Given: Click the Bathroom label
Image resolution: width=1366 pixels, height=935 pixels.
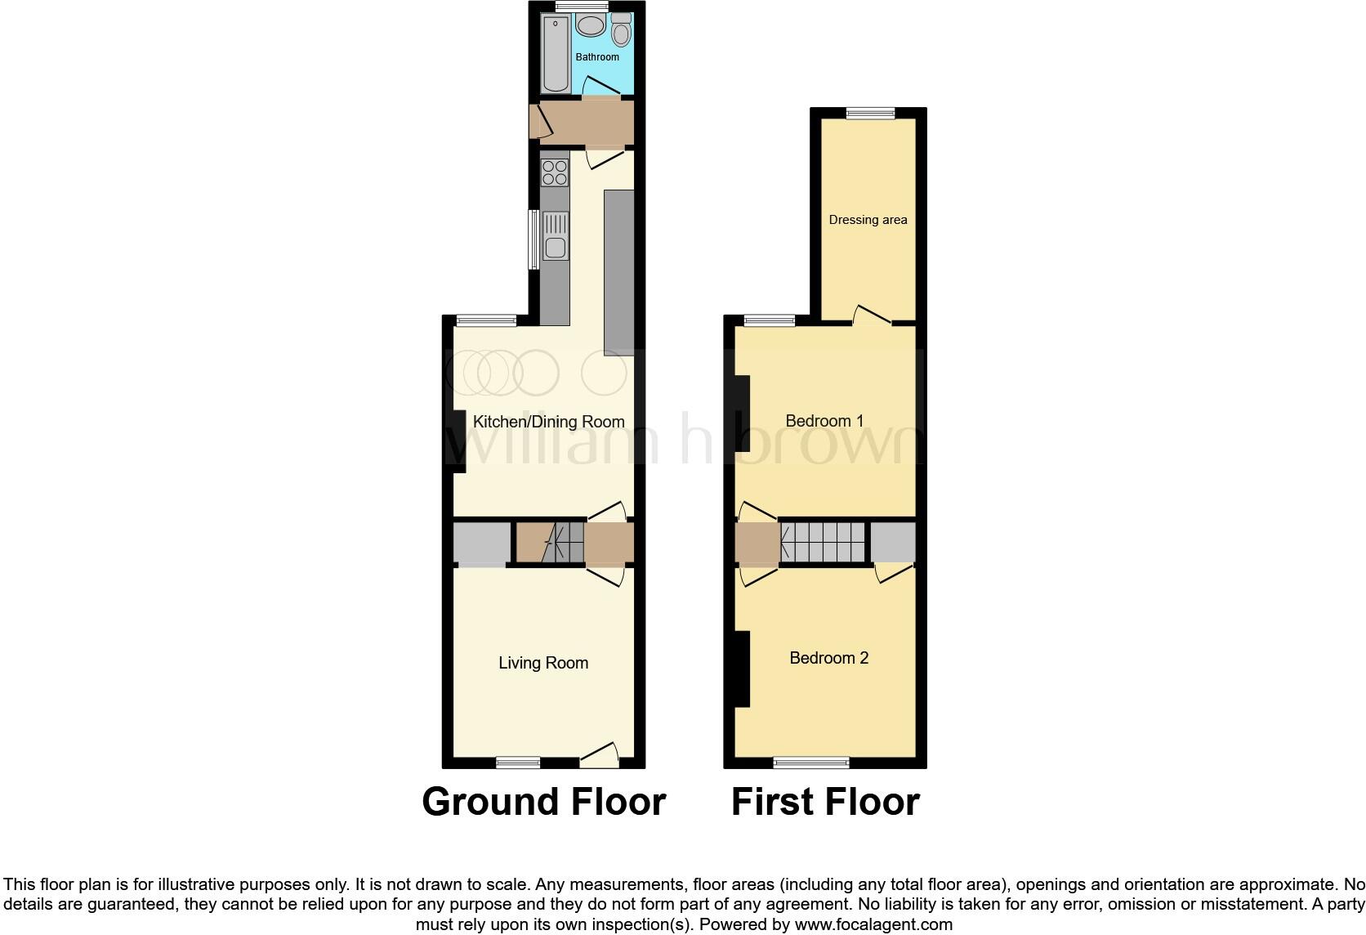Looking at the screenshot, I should pos(596,57).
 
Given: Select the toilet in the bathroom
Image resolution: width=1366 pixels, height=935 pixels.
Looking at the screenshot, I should pos(621,32).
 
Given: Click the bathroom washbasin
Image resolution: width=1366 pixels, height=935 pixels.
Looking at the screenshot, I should pos(590,26).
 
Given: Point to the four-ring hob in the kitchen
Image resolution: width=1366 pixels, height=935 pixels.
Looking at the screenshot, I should pos(555,172).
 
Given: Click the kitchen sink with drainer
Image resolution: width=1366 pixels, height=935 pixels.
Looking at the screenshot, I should pos(556,235).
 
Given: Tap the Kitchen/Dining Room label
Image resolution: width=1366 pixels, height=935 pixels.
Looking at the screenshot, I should pos(548,422).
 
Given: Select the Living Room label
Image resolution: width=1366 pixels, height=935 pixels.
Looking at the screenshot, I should pos(543,663).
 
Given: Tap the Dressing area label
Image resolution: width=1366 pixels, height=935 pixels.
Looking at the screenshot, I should pos(868,220).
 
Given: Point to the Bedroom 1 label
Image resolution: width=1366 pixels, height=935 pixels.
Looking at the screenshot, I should pos(824,421).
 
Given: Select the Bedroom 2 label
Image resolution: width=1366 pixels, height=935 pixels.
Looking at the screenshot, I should pos(828,658).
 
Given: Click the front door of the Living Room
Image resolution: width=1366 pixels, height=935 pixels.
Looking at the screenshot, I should pos(600,756).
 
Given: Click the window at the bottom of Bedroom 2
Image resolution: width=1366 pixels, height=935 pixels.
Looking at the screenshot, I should pos(811,763).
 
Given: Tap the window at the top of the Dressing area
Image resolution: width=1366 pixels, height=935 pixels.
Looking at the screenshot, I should pos(870,114).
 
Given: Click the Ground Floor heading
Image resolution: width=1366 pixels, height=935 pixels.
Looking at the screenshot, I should pos(543,802).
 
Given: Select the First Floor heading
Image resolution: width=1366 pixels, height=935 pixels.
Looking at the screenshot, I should pos(825,802).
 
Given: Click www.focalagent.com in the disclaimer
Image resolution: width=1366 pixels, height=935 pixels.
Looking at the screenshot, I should pos(873,925).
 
